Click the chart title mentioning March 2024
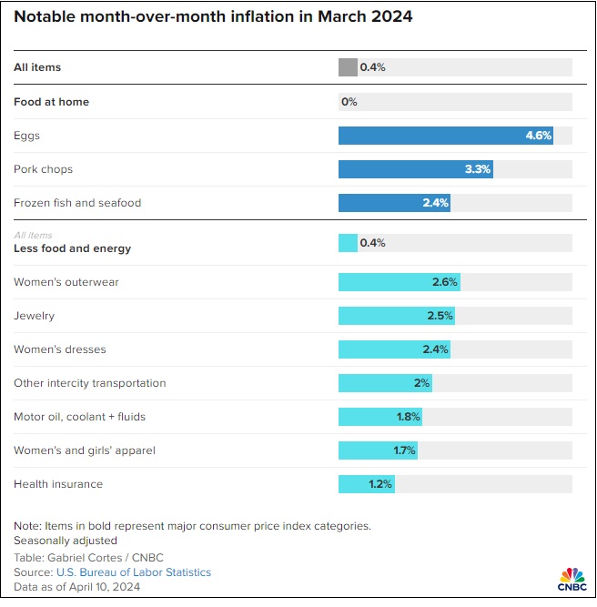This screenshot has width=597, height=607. click(213, 17)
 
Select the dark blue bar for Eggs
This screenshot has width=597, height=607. click(446, 136)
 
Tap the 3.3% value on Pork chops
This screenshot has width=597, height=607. click(477, 169)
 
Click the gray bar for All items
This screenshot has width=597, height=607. click(348, 67)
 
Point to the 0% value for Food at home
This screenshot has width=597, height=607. click(349, 102)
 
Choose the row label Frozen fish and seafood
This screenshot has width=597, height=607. click(77, 203)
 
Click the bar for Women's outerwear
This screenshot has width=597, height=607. click(399, 282)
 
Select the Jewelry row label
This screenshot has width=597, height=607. click(35, 316)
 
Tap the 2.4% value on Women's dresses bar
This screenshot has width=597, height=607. click(435, 349)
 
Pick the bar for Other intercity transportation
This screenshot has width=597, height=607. click(384, 383)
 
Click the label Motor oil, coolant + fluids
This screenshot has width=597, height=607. click(79, 417)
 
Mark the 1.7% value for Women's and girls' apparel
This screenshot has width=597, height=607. click(404, 450)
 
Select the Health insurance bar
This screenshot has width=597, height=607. click(366, 484)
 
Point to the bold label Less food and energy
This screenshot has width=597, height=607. click(73, 248)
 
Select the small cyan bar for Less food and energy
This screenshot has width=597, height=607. click(348, 243)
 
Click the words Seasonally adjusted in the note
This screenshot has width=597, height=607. click(66, 541)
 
